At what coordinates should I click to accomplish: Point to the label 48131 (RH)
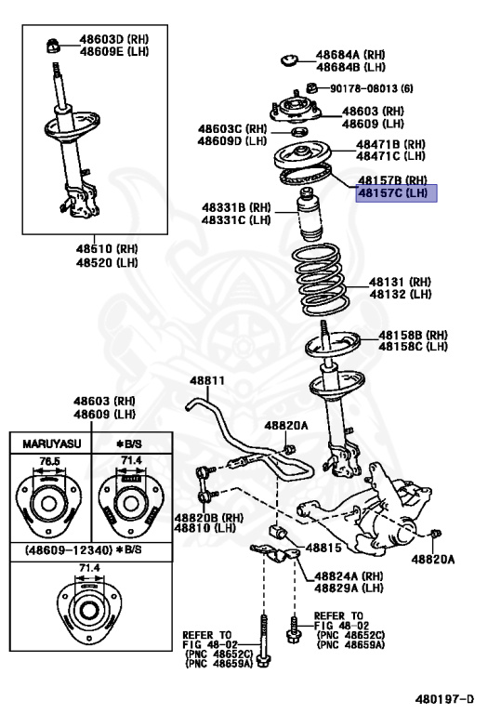(401, 282)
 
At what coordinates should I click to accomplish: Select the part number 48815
(324, 549)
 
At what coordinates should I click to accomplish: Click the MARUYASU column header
(46, 445)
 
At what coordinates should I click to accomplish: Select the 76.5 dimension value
(46, 460)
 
